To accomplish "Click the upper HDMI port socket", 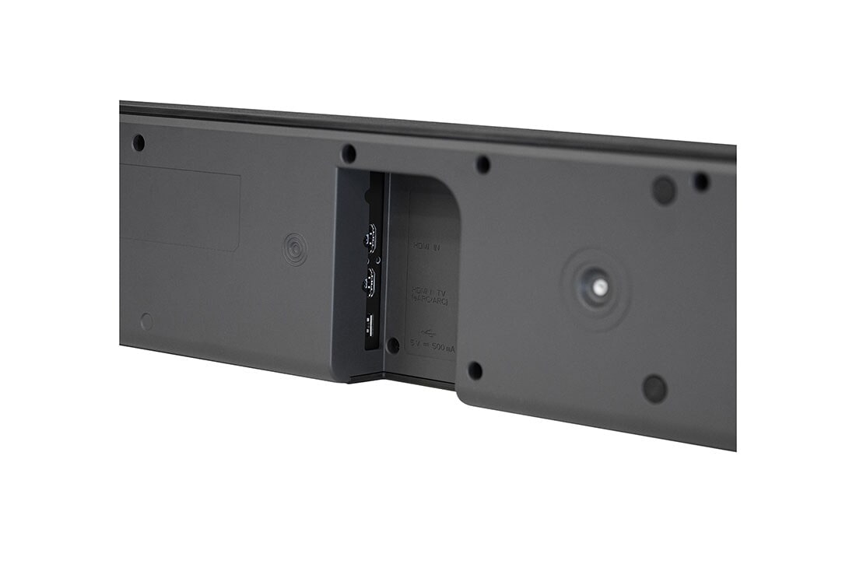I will (x=371, y=237).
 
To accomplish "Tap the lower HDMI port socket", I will (x=371, y=281).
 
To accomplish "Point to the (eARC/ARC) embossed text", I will (x=430, y=300).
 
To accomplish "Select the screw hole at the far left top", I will (x=139, y=143).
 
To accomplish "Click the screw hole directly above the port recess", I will (x=349, y=153).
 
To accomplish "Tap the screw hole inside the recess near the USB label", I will (x=393, y=344).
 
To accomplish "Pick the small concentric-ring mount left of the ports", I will (x=294, y=249).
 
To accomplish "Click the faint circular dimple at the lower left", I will (x=146, y=321).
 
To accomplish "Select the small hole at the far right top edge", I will (x=701, y=182).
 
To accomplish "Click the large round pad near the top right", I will (x=664, y=190).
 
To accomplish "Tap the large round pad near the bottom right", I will (x=654, y=388).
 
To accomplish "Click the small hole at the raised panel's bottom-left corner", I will (x=475, y=371).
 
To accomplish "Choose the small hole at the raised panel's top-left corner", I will (x=482, y=165).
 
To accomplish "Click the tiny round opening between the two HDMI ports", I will (x=379, y=261).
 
